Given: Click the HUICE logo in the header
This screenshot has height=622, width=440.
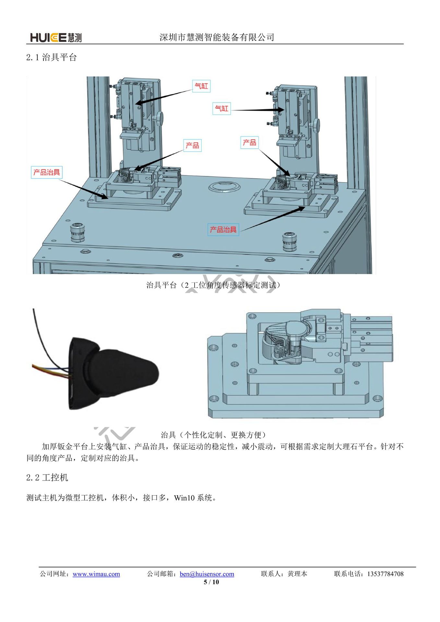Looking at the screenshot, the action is (56, 38).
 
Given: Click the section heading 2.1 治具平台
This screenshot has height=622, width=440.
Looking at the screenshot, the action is (51, 58).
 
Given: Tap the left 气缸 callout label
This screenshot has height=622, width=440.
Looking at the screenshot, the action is (201, 86).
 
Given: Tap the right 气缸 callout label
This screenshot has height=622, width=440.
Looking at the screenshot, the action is (222, 108).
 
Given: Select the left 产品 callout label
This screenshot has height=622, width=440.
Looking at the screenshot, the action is (192, 145).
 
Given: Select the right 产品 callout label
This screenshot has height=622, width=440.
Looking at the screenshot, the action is (249, 143).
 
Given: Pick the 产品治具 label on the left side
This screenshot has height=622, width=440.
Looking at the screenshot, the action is (47, 172).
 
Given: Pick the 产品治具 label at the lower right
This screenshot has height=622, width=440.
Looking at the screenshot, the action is (223, 230).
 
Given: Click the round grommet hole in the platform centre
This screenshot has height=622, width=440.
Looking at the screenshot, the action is (224, 187).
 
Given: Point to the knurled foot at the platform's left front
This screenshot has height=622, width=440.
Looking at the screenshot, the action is (78, 232).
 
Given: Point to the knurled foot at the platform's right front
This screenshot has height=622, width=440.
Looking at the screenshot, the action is (289, 241).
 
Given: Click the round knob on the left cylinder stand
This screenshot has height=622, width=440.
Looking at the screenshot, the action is (160, 117).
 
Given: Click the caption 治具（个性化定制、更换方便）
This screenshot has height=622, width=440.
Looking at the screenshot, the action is (213, 435).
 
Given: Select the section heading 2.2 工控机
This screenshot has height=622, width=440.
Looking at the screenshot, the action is (47, 478).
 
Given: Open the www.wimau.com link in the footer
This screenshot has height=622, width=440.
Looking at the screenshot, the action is (96, 574).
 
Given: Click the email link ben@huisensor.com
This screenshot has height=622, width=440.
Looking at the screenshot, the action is (207, 574).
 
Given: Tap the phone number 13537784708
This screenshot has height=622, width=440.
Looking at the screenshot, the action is (385, 574).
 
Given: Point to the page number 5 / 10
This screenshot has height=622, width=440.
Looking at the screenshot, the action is (211, 582).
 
